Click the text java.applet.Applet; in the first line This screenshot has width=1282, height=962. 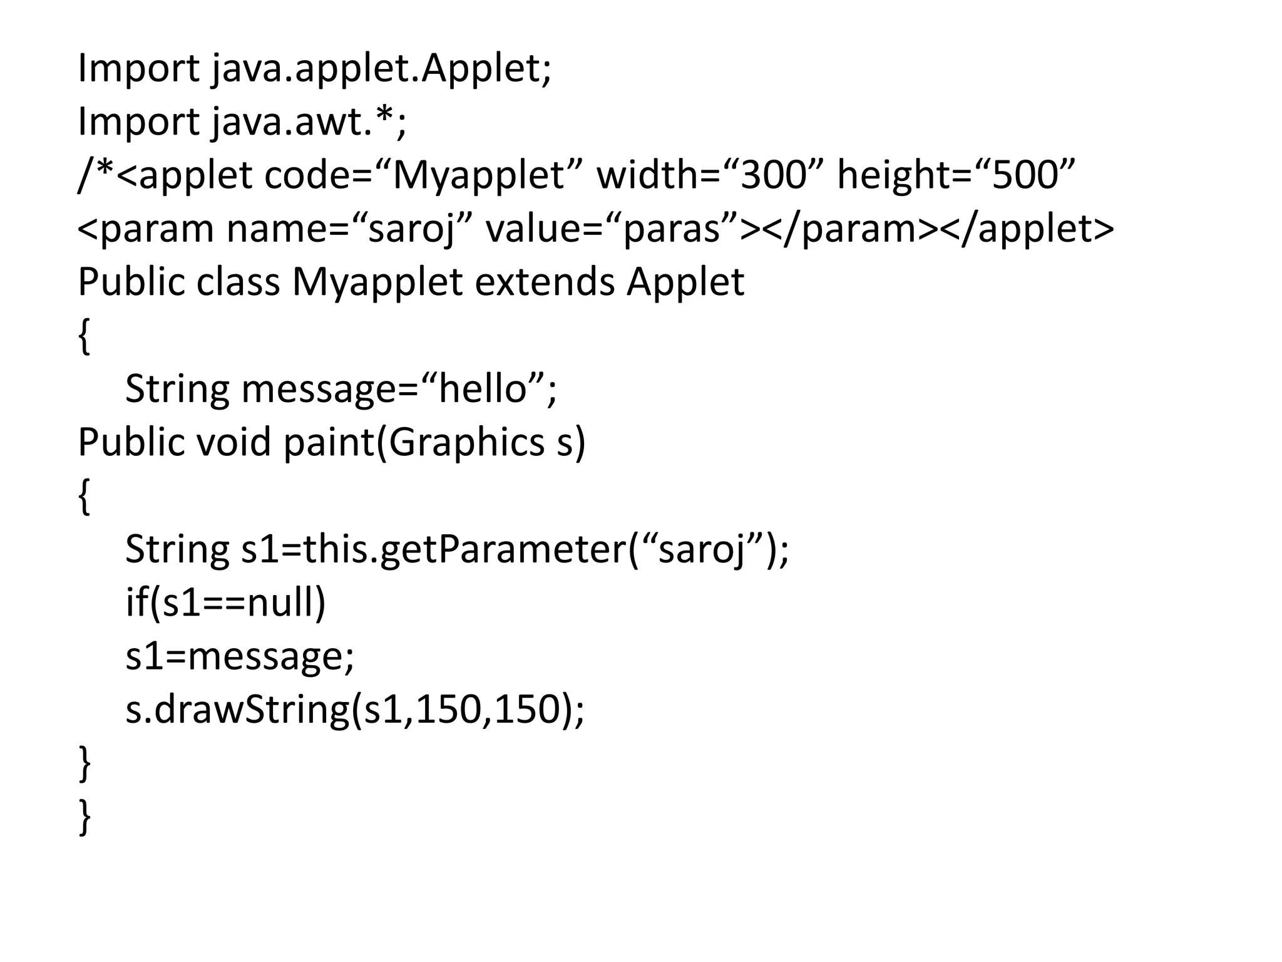click(x=381, y=69)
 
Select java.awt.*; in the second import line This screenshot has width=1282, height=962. click(x=308, y=122)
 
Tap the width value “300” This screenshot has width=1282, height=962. click(x=773, y=175)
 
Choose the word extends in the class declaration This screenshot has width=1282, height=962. click(x=545, y=282)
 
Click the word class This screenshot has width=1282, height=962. click(x=238, y=282)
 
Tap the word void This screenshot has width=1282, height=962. click(x=234, y=442)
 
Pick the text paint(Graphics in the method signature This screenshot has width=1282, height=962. click(x=414, y=443)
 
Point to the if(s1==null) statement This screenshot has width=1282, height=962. click(x=225, y=603)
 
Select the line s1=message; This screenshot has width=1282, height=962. click(x=240, y=656)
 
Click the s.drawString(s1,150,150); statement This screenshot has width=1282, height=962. click(x=354, y=710)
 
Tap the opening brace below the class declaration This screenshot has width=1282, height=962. click(x=85, y=337)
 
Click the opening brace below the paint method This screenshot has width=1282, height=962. click(x=85, y=497)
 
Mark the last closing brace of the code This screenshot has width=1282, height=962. click(x=85, y=817)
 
